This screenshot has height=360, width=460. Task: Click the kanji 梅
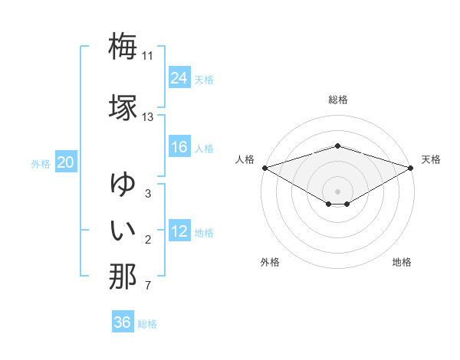(x=123, y=46)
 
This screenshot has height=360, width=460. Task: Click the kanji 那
(x=123, y=276)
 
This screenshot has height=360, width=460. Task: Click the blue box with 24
(x=179, y=77)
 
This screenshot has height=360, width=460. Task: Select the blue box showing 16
(x=179, y=147)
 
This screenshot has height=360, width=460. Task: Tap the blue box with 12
(x=179, y=231)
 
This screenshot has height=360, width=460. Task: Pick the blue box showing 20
(x=66, y=162)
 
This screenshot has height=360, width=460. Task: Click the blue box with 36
(x=123, y=322)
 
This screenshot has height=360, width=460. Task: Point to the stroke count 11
(x=147, y=56)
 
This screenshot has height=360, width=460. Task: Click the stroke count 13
(x=147, y=117)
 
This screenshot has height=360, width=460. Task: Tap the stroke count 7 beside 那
(x=147, y=286)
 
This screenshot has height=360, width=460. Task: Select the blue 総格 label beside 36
(x=147, y=324)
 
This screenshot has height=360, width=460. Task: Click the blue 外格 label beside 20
(x=41, y=163)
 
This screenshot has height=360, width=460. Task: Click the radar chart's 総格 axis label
(x=337, y=100)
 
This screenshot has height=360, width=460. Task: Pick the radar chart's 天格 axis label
(x=431, y=159)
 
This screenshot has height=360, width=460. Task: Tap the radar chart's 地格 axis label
(x=402, y=262)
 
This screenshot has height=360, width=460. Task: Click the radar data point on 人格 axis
(x=264, y=167)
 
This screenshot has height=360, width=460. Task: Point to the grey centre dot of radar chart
(x=337, y=191)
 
